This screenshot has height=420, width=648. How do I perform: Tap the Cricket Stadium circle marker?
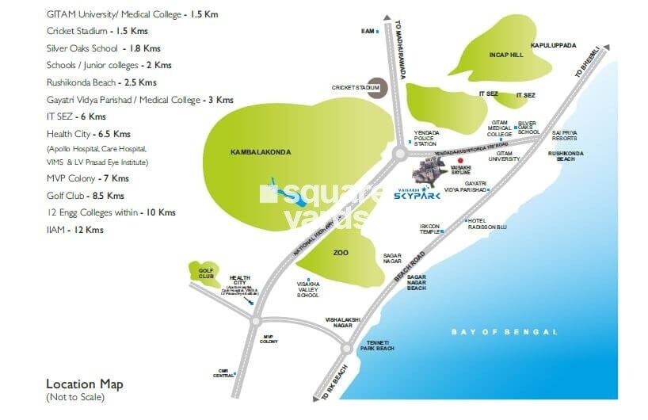click(378, 86)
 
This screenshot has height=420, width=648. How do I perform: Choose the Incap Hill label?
click(507, 55)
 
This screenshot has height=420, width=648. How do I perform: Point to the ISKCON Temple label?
click(429, 228)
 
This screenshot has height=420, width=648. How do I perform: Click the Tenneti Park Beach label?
click(377, 345)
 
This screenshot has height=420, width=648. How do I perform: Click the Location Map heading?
click(85, 384)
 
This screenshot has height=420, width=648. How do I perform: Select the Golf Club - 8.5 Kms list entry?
click(86, 195)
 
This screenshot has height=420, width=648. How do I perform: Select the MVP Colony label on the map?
click(269, 338)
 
